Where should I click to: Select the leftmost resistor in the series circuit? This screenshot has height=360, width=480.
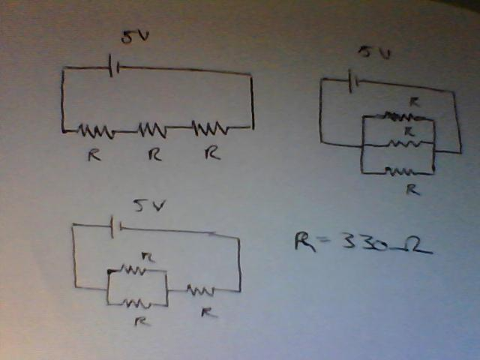pos(97,131)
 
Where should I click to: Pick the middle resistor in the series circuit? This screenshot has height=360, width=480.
pos(152,130)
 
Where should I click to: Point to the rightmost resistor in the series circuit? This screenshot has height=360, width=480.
pos(211,128)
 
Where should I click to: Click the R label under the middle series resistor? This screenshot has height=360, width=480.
pos(154,154)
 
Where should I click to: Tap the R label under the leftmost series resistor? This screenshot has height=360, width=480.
pos(93,155)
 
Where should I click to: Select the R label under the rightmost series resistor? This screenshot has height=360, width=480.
pos(213,154)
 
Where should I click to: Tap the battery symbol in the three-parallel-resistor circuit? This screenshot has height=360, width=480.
pos(355,78)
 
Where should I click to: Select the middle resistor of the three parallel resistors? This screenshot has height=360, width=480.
pos(403,143)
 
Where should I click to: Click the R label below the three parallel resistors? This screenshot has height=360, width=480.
pos(411,188)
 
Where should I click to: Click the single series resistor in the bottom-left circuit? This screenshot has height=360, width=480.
pos(200,289)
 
